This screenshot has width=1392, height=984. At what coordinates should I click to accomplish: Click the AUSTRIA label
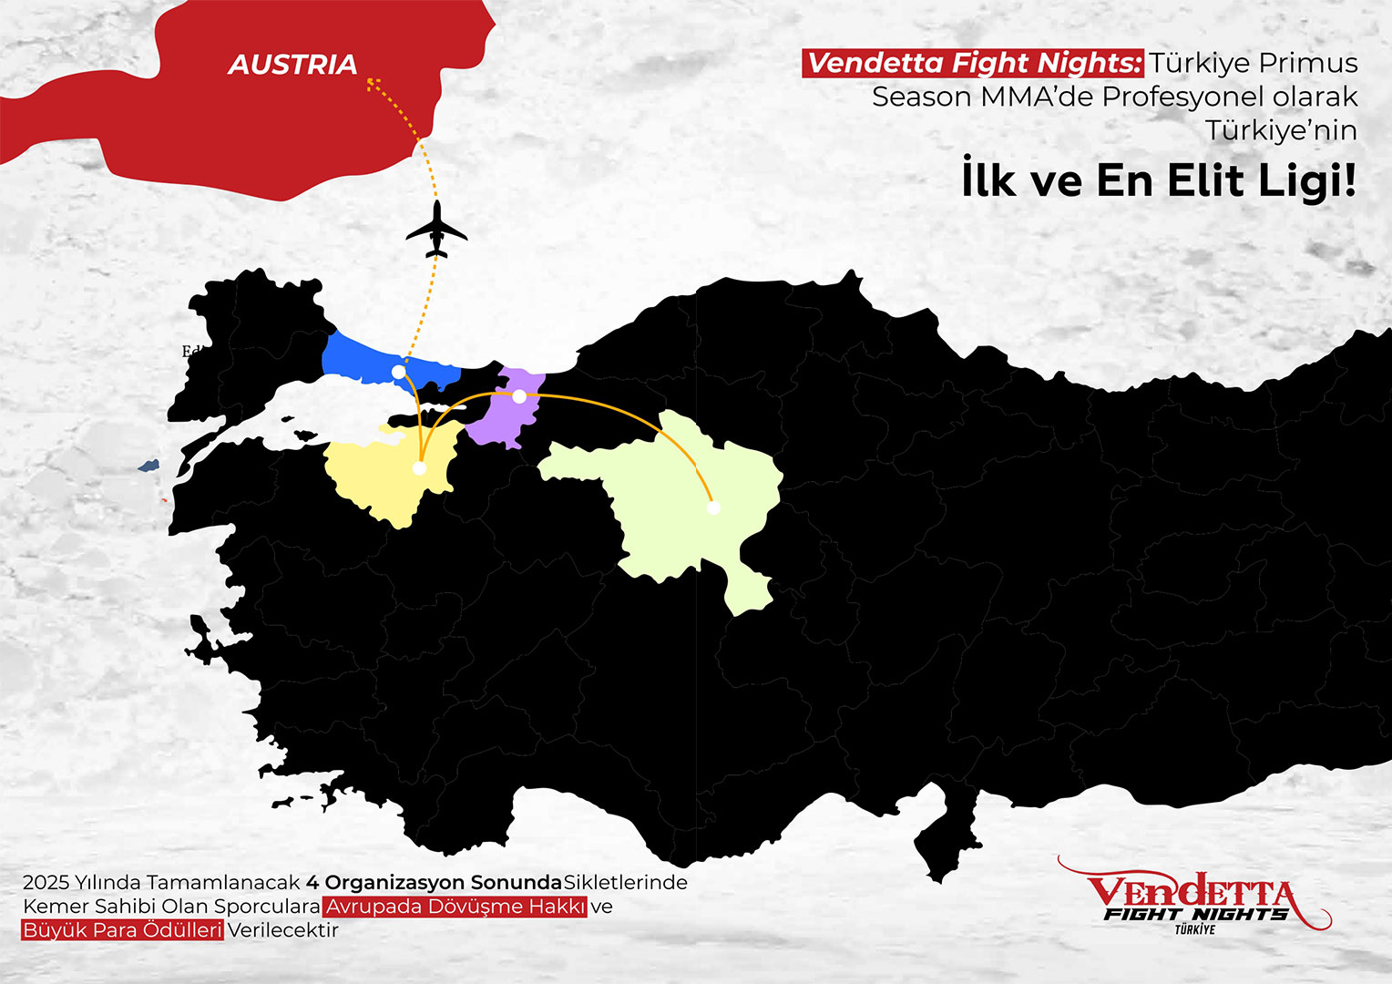pyautogui.click(x=292, y=65)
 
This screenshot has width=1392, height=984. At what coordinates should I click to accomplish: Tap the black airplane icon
pyautogui.click(x=436, y=230)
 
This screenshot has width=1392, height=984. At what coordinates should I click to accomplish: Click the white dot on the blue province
pyautogui.click(x=399, y=372)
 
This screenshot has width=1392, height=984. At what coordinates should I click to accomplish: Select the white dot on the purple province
pyautogui.click(x=519, y=396)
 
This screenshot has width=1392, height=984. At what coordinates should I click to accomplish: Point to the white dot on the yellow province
pyautogui.click(x=419, y=468)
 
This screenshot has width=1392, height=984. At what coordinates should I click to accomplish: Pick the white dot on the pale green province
pyautogui.click(x=713, y=507)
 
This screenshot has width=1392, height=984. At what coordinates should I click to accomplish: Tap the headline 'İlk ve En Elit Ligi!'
pyautogui.click(x=1159, y=180)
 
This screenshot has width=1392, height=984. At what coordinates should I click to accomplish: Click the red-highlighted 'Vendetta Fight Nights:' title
pyautogui.click(x=973, y=63)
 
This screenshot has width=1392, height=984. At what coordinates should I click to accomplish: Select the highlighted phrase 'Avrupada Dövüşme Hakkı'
pyautogui.click(x=455, y=907)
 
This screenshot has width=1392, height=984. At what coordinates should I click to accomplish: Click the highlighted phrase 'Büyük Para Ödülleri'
pyautogui.click(x=122, y=930)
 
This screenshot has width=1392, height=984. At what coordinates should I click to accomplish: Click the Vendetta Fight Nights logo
pyautogui.click(x=1193, y=897)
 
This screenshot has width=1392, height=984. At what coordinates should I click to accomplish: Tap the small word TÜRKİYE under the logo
pyautogui.click(x=1194, y=929)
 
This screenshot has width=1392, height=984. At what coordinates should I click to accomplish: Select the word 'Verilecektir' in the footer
pyautogui.click(x=282, y=930)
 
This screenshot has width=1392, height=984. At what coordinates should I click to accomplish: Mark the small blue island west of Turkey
pyautogui.click(x=148, y=466)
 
